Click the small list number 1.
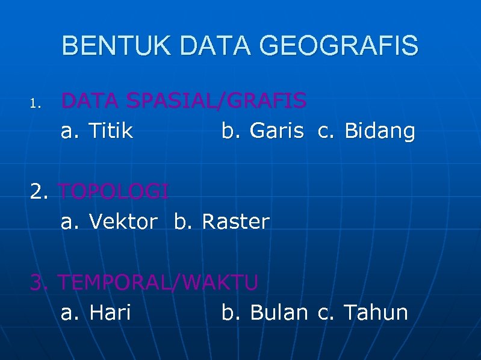click(35, 105)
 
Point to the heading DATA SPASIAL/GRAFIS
click(184, 101)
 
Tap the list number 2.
click(40, 191)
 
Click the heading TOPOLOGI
click(114, 191)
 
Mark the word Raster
click(235, 222)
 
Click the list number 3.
click(40, 282)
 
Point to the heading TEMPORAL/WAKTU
click(160, 282)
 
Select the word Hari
click(110, 312)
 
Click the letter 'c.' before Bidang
click(327, 131)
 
